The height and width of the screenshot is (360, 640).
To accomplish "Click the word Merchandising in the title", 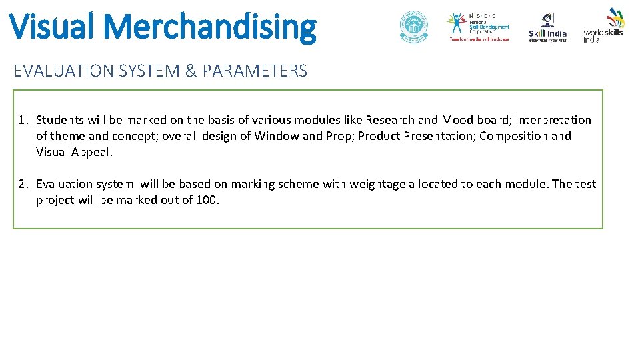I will pyautogui.click(x=211, y=27).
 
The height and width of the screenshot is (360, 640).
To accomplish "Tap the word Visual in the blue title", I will pyautogui.click(x=53, y=27).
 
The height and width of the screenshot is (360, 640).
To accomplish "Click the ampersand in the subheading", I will pyautogui.click(x=191, y=71).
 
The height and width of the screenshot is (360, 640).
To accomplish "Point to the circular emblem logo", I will pyautogui.click(x=414, y=27).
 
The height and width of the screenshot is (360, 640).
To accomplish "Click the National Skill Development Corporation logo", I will pyautogui.click(x=479, y=27).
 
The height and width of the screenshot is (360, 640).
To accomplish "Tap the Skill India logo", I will pyautogui.click(x=547, y=28).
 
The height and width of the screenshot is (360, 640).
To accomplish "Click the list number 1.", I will pyautogui.click(x=23, y=120).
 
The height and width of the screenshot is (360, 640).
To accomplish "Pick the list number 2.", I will pyautogui.click(x=23, y=184).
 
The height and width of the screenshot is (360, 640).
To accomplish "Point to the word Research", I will pyautogui.click(x=389, y=120).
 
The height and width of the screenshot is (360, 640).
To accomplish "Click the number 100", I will pyautogui.click(x=206, y=200).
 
